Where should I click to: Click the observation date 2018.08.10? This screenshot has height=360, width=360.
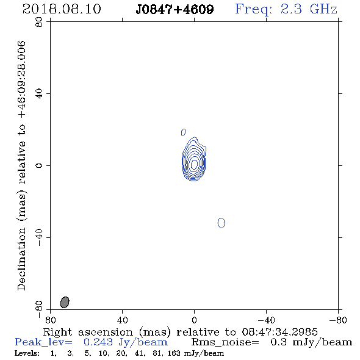click(x=62, y=9)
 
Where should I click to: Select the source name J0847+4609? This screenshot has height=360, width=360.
click(x=175, y=10)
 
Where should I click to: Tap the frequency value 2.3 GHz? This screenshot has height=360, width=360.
click(x=309, y=9)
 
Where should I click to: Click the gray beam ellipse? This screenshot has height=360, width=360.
click(x=65, y=302)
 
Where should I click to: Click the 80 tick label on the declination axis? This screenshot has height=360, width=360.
click(x=39, y=22)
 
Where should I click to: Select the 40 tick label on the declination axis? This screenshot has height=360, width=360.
click(x=39, y=94)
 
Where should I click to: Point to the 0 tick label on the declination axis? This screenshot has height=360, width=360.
click(x=39, y=165)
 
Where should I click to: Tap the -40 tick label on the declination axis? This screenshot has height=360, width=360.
click(x=39, y=237)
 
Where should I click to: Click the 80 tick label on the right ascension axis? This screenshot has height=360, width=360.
click(x=50, y=320)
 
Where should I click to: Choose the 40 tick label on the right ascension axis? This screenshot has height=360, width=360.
click(x=122, y=320)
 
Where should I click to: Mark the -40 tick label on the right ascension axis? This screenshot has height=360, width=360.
click(x=266, y=320)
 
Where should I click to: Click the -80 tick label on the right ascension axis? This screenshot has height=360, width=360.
click(x=338, y=320)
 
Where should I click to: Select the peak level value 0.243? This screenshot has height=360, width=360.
click(x=98, y=342)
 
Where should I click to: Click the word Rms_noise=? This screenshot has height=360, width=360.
click(x=225, y=342)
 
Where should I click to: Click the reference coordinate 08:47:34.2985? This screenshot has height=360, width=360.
click(x=279, y=332)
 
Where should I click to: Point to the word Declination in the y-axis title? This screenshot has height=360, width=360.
click(x=21, y=259)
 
